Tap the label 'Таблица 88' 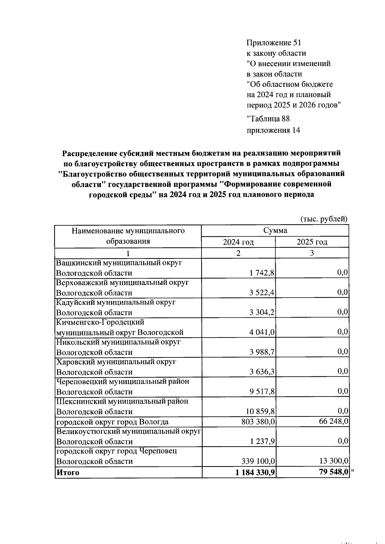coord(268,119)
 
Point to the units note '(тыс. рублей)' coord(324,219)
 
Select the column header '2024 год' coord(238,242)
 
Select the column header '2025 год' coord(312,242)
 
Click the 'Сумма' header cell coord(275,230)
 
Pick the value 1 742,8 coord(262,273)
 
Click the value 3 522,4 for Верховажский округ coord(262,293)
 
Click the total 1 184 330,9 coord(255,472)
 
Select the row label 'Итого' coord(68,473)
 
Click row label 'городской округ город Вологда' coord(112,422)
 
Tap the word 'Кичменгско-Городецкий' coord(100,322)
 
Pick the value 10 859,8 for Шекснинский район coord(260,412)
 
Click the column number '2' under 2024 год coord(238,253)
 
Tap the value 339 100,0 coord(258,461)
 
